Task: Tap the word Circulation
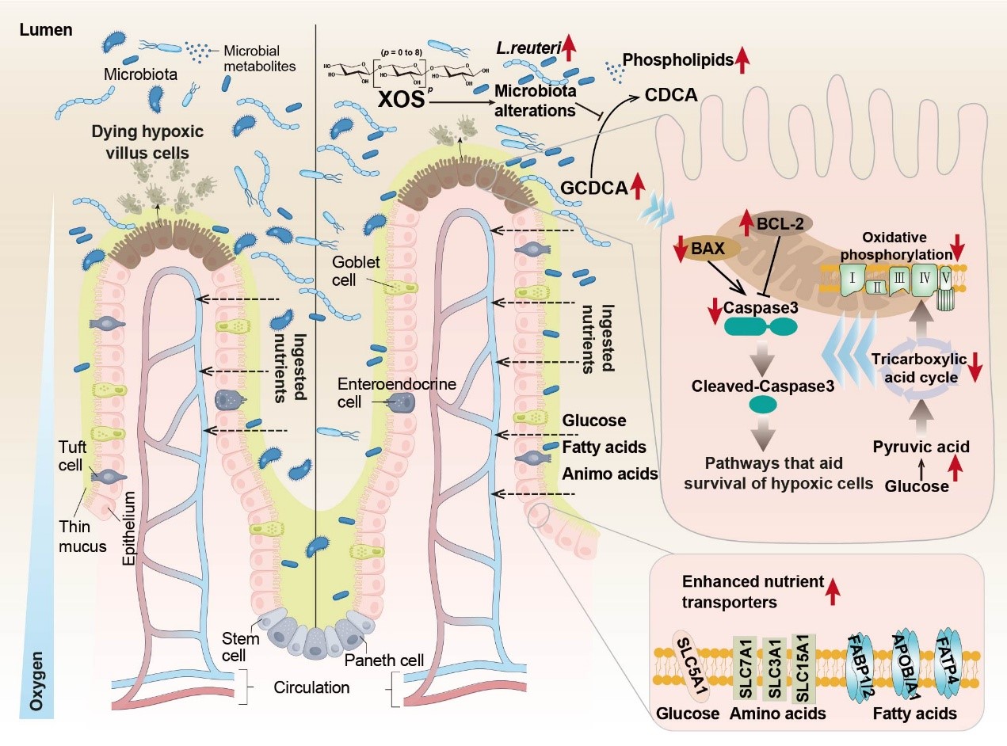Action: click(311, 687)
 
